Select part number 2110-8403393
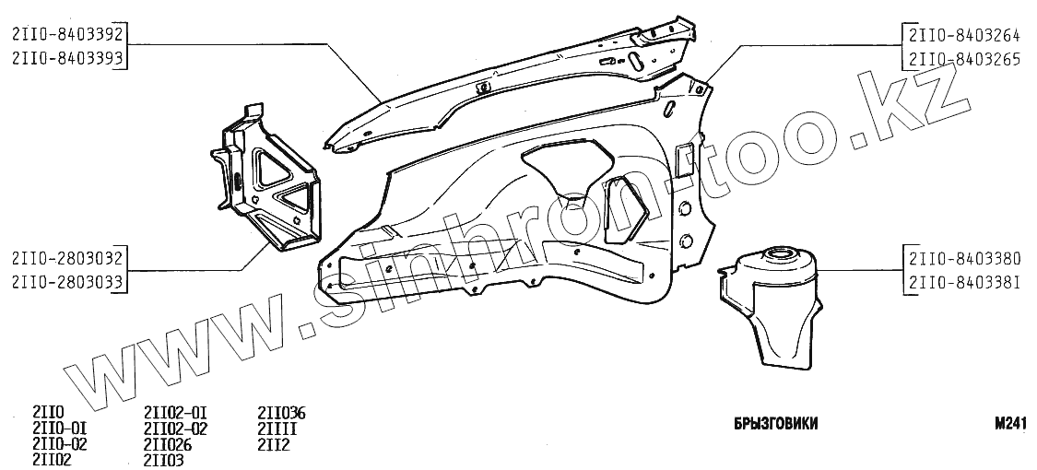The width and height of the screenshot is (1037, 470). coord(67,58)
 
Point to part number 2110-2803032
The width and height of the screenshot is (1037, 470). coord(67,258)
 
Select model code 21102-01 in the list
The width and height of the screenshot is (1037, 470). coord(175,412)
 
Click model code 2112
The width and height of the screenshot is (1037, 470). coord(274,443)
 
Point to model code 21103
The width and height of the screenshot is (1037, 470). coord(164,459)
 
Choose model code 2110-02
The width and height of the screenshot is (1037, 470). coord(59,443)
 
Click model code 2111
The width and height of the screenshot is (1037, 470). coord(277,428)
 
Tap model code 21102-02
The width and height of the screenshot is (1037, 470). coord(175,428)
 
